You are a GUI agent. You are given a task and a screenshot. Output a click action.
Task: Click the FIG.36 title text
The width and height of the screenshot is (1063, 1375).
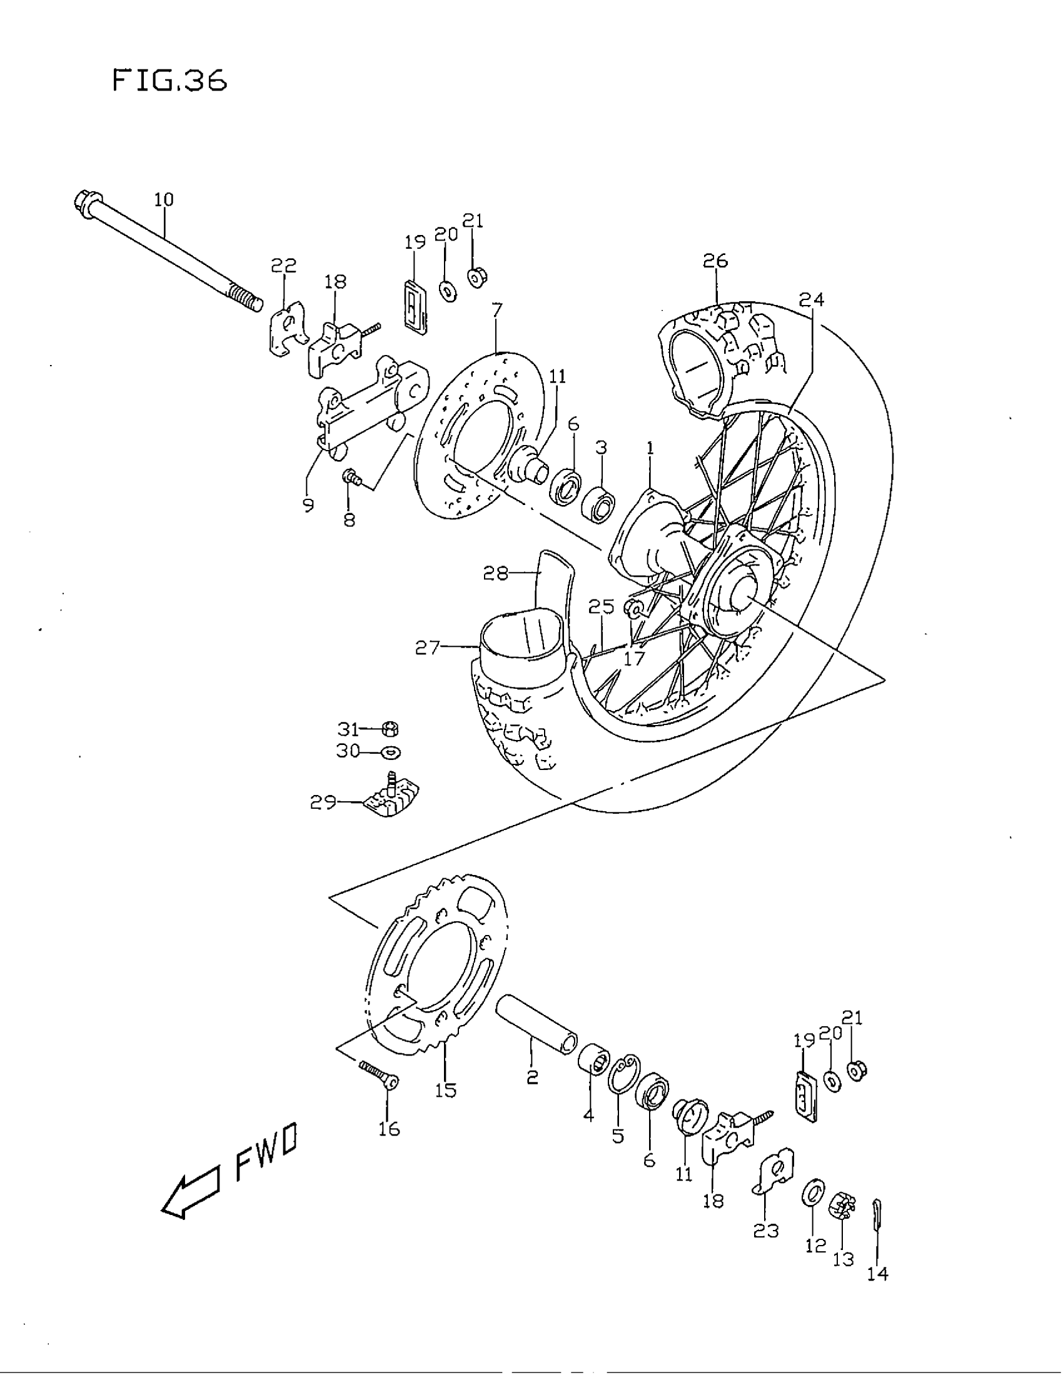point(169,81)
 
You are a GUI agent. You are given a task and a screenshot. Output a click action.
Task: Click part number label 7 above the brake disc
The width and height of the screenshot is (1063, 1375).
point(497,311)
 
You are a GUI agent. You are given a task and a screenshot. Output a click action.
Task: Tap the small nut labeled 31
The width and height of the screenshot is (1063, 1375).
point(390,729)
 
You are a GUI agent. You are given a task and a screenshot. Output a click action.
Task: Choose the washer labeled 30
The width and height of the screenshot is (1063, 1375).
point(390,751)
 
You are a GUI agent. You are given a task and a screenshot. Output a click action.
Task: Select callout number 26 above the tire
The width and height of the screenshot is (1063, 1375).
point(715,261)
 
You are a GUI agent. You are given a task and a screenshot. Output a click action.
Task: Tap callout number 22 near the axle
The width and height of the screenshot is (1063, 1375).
point(283,266)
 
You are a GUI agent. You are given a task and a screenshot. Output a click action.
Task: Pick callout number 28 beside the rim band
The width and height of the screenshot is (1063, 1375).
point(495,574)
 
